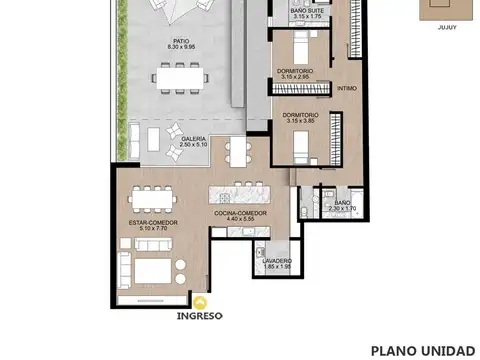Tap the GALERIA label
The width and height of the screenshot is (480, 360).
(195, 138)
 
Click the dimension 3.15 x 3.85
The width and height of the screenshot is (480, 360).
(299, 121)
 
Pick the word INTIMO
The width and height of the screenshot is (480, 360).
(347, 88)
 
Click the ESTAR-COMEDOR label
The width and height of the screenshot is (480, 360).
(153, 221)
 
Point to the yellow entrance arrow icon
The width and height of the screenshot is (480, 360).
(202, 300)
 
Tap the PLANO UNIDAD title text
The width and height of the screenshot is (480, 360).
(423, 350)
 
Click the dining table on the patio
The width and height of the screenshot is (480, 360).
(182, 76)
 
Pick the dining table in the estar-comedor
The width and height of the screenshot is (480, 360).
(151, 195)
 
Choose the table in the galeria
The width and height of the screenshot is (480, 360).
(236, 151)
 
